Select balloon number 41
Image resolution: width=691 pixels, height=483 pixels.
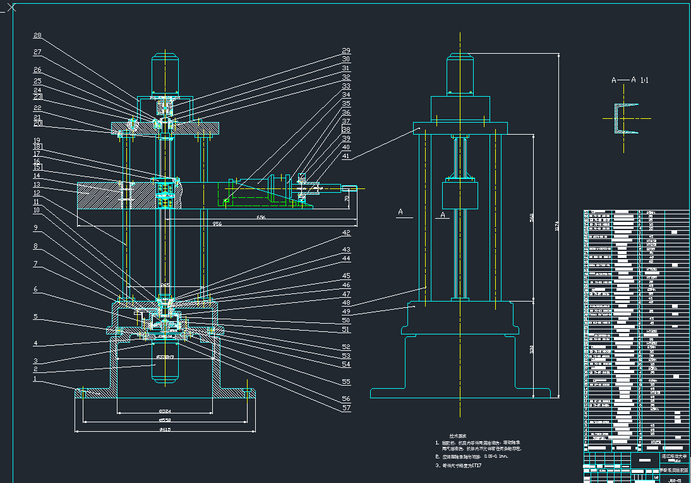coord(345,156)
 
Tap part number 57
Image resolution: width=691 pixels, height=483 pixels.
coord(345,408)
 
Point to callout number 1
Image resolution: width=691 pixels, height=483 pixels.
coord(37,379)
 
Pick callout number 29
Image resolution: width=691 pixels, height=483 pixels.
coord(345,51)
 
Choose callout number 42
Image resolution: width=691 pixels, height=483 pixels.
coord(345,233)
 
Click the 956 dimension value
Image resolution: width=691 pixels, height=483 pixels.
coord(217,224)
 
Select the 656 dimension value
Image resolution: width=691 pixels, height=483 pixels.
coord(260,217)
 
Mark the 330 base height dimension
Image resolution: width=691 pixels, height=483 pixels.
coord(533,348)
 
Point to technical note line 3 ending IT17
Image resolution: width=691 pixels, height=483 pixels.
coord(459,465)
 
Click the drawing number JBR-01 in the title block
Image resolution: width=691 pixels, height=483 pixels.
coord(674,479)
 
